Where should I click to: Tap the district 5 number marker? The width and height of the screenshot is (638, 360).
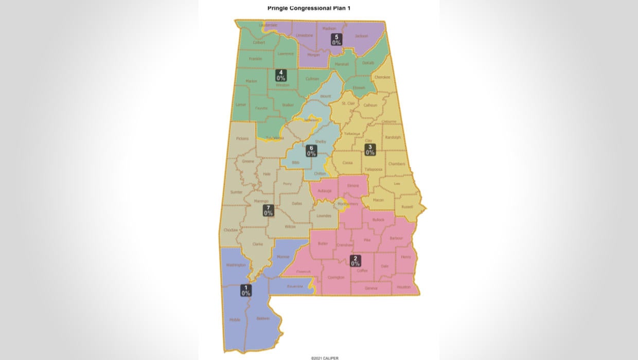click(336, 40)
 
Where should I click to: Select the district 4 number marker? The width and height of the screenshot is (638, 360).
click(281, 76)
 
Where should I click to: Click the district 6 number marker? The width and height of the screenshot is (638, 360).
click(311, 151)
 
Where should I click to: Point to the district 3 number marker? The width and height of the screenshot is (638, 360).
click(370, 150)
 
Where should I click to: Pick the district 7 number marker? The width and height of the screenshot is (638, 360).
click(268, 210)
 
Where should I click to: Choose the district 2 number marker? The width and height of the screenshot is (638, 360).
click(355, 261)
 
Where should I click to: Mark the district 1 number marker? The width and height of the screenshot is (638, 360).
click(246, 291)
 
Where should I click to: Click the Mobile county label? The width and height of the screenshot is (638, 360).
click(235, 320)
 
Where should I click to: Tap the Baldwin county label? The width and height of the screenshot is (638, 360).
click(263, 319)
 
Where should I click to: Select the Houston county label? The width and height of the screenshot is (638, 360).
click(404, 287)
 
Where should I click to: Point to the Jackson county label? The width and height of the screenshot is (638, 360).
click(361, 36)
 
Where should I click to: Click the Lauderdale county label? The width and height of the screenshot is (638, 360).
click(268, 25)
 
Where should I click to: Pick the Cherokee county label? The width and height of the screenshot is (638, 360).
click(382, 77)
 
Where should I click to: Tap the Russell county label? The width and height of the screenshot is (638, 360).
click(407, 207)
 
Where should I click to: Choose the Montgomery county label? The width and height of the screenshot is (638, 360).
click(348, 204)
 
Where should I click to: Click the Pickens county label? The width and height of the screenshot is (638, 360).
click(242, 138)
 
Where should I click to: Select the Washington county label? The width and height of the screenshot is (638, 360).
click(236, 265)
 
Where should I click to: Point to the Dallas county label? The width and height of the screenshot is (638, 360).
click(297, 204)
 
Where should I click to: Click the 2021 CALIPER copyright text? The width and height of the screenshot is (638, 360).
click(325, 358)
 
